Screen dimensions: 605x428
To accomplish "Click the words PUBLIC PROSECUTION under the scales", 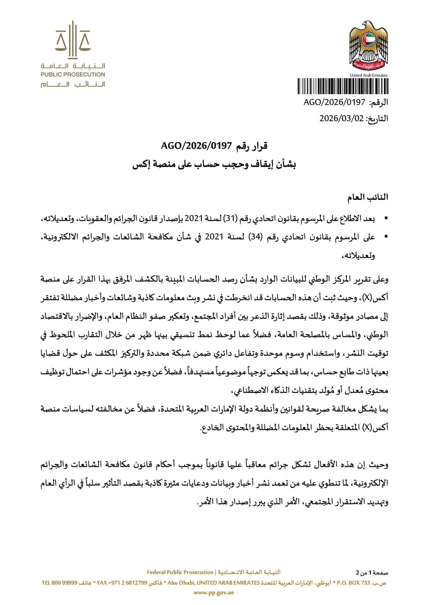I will click(73, 74).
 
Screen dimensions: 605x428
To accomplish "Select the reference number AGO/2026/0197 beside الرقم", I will click(335, 102).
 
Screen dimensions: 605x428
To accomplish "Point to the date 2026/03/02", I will click(341, 118).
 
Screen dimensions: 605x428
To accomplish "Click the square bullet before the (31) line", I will click(386, 219).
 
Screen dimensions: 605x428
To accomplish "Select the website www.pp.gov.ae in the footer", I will click(214, 593).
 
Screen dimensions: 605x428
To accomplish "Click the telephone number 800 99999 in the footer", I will click(64, 583).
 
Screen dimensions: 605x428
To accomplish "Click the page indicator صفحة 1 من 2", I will click(372, 572).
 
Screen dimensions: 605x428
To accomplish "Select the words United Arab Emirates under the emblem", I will click(368, 75).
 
